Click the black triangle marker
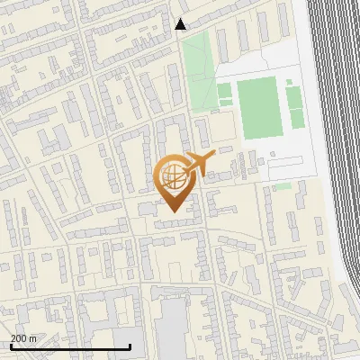click(181, 24)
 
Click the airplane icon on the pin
click(199, 163)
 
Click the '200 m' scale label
click(23, 338)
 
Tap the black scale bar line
click(70, 346)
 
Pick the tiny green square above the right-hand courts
click(288, 82)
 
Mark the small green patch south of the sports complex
click(283, 186)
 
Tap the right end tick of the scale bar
click(130, 346)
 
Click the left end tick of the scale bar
click(10, 346)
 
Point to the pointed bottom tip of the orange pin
click(172, 211)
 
